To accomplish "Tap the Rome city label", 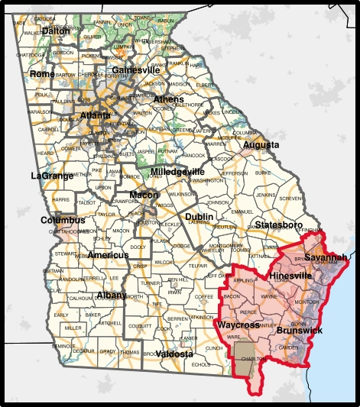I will click(x=42, y=74).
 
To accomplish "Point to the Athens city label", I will click(x=168, y=99).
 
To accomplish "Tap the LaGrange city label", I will click(x=51, y=176).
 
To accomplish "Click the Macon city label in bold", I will click(x=144, y=195).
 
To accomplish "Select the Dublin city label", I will click(x=199, y=217).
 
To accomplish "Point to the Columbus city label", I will click(x=63, y=220).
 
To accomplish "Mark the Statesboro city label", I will click(x=279, y=225).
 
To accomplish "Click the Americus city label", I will click(x=108, y=254).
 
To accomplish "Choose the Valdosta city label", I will click(x=174, y=354).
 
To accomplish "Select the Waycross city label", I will click(x=238, y=325).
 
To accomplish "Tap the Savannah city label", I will click(x=326, y=257).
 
